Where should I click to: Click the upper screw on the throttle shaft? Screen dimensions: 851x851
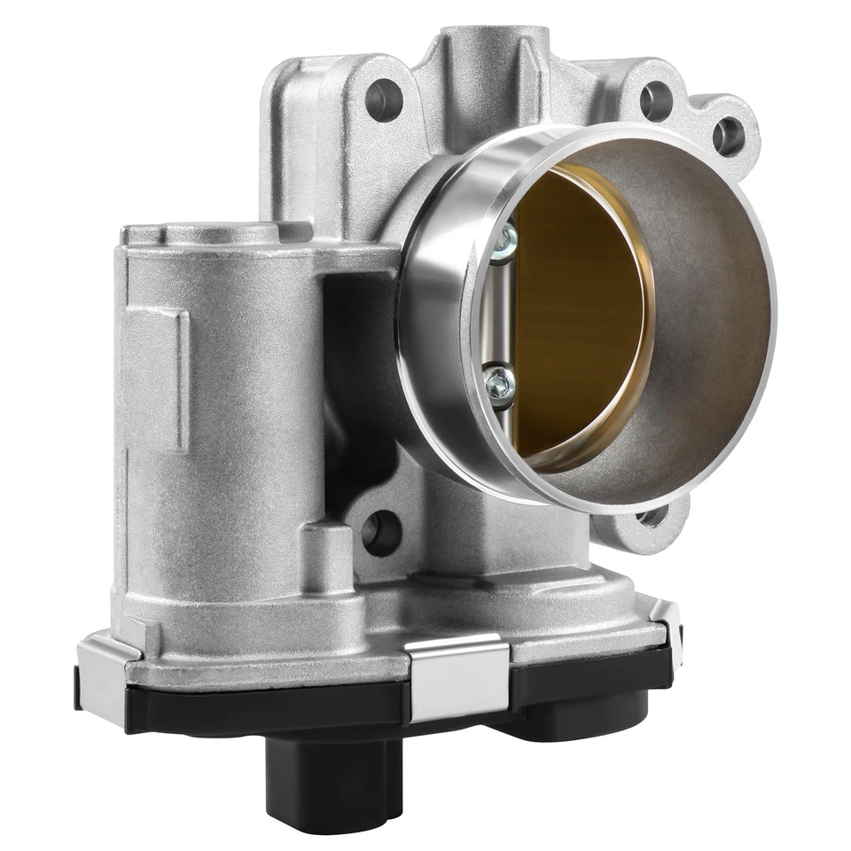point(504,241)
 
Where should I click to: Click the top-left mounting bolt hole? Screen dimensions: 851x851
point(384,100)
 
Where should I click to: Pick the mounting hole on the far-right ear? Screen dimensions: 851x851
point(729,136)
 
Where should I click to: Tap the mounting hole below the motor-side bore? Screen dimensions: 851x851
point(381,533)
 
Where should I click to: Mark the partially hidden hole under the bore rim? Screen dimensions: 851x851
point(652,517)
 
